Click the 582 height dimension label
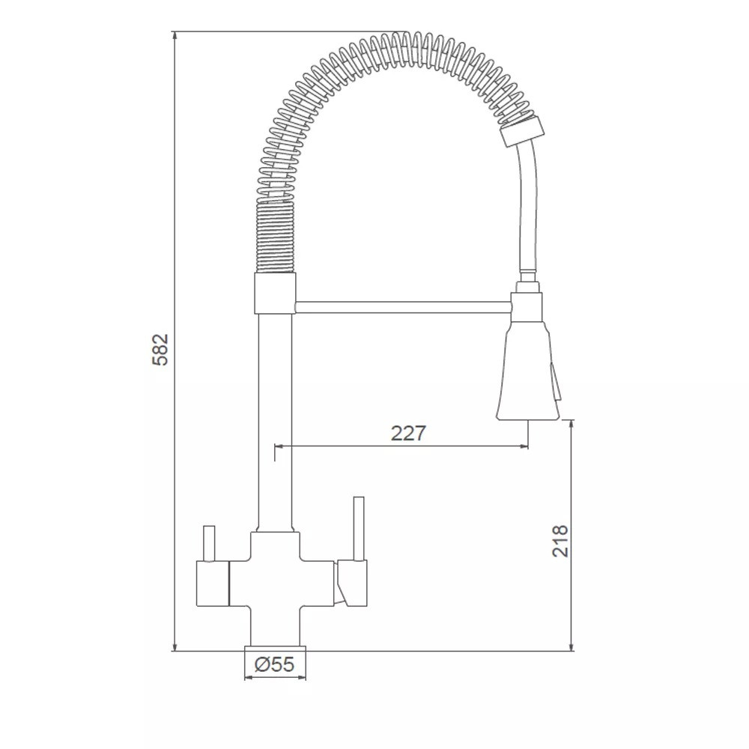[x=160, y=349]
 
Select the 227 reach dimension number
[x=408, y=433]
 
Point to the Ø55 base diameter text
[x=274, y=664]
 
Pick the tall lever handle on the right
[x=359, y=528]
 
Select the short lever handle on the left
[x=208, y=544]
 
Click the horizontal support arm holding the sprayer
[x=403, y=307]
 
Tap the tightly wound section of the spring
[x=276, y=237]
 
